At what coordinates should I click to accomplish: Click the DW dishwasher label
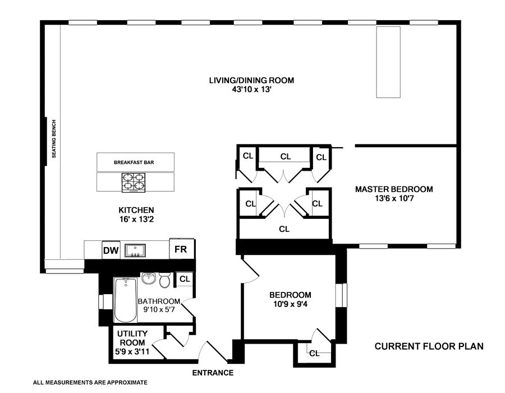(110, 250)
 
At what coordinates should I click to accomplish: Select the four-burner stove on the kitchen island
(134, 182)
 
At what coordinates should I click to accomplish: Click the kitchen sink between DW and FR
(135, 250)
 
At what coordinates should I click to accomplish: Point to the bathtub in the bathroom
(125, 300)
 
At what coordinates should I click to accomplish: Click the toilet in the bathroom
(165, 280)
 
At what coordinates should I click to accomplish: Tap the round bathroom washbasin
(148, 279)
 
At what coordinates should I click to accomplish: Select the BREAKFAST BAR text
(134, 162)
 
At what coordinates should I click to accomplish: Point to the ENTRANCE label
(213, 372)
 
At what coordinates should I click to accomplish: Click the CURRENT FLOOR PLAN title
(429, 346)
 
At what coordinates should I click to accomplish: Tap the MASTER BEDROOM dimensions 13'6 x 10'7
(394, 198)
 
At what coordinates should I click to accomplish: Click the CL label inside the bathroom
(185, 279)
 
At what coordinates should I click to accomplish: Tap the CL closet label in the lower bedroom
(314, 353)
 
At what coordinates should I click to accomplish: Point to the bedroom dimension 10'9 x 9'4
(290, 305)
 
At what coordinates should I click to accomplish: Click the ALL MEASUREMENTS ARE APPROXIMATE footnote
(90, 382)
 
